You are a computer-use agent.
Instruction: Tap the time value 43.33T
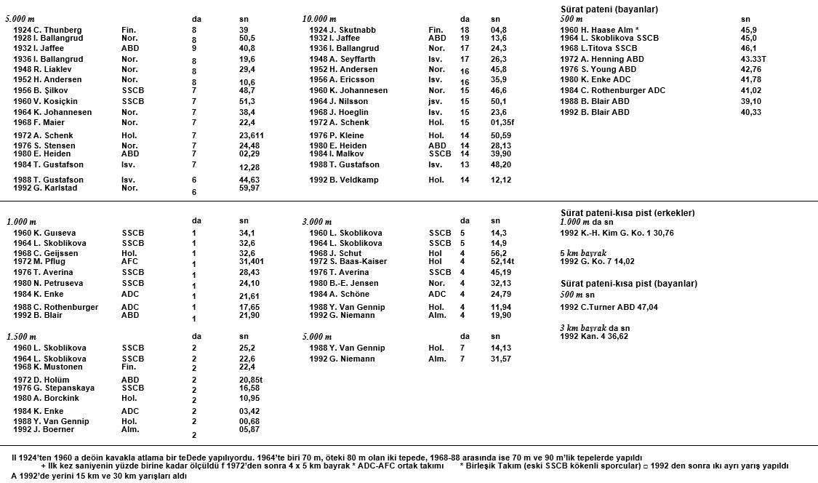coord(753,59)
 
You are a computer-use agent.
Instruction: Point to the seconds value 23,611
coord(251,135)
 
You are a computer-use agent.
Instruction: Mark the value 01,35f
coord(502,122)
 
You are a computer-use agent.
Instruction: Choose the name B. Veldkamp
coord(354,180)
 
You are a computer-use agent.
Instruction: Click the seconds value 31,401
coord(251,260)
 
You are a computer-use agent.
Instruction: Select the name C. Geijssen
coord(57,253)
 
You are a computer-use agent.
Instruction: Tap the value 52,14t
coord(502,261)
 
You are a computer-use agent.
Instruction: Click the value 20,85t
coord(251,380)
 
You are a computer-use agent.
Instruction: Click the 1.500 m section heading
coord(21,336)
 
